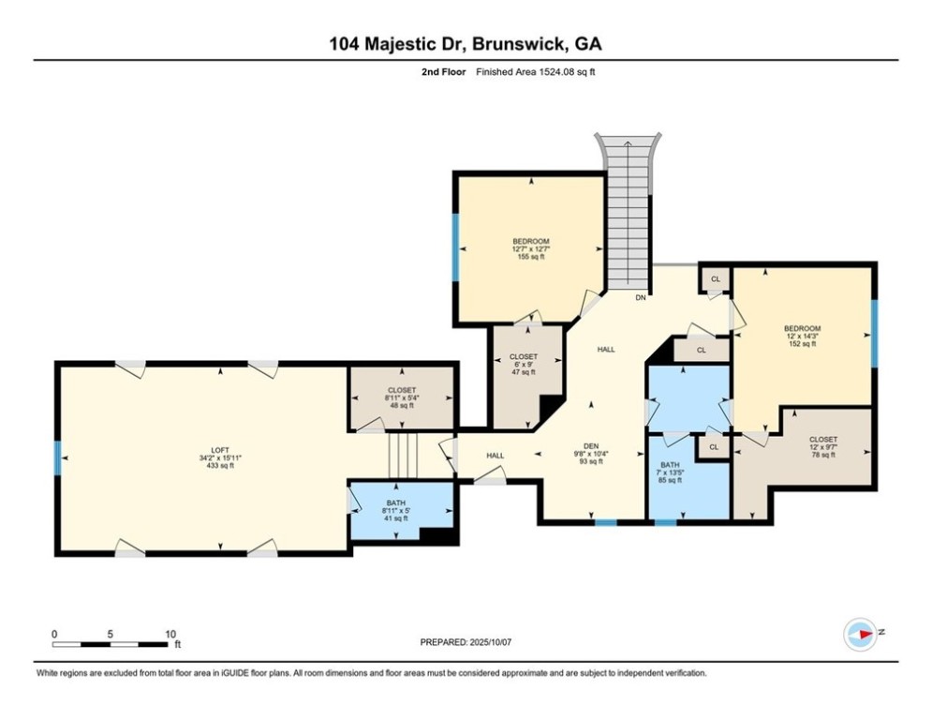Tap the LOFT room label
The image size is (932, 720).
(x=221, y=449)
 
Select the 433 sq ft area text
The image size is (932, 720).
(x=221, y=466)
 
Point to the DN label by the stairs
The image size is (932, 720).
(x=641, y=298)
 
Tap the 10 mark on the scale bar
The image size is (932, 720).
(x=170, y=634)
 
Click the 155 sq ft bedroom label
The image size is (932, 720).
(x=530, y=257)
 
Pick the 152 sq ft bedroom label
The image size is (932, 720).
(x=802, y=344)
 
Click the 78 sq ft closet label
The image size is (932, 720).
(x=823, y=455)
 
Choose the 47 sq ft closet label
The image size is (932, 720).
(x=524, y=372)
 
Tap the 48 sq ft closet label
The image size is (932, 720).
(x=401, y=406)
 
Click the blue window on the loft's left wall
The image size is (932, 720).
(x=58, y=458)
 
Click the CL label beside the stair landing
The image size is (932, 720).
(x=716, y=279)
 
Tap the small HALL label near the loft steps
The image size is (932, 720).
(x=495, y=456)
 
